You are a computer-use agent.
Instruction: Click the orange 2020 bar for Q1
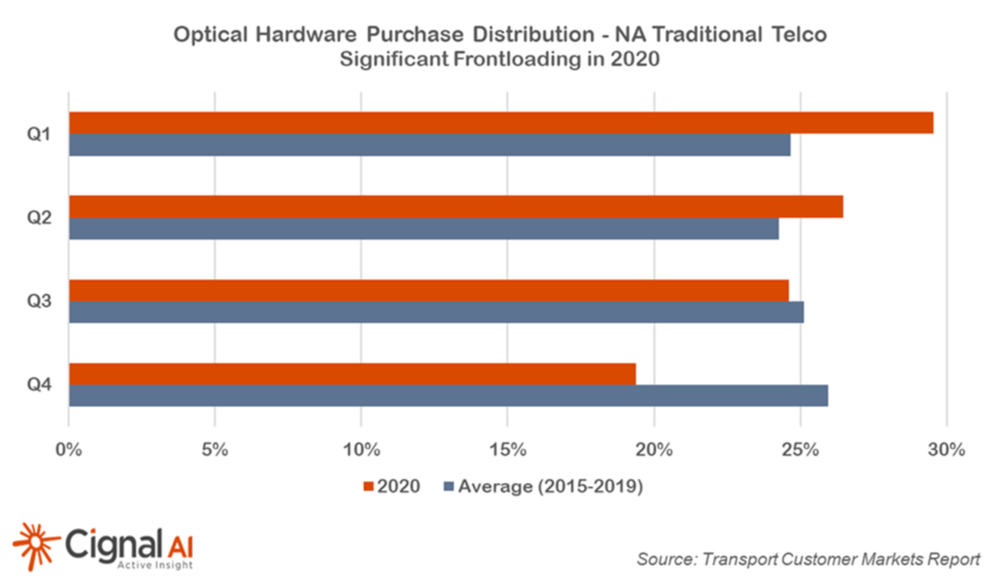point(501,123)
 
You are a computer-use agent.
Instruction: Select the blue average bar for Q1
point(430,145)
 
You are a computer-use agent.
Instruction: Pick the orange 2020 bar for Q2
point(456,207)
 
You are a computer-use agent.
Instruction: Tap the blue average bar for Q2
point(423,228)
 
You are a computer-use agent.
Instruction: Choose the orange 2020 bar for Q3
point(429,291)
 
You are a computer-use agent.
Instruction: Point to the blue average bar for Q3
point(436,312)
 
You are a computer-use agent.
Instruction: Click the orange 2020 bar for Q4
point(352,374)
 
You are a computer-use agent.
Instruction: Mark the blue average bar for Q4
point(448,396)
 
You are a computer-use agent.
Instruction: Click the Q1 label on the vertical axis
point(39,134)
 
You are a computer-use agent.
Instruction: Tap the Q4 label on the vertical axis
point(39,384)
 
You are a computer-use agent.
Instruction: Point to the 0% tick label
point(69,450)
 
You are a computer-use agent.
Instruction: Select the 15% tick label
point(507,450)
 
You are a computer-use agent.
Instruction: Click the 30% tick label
point(946,450)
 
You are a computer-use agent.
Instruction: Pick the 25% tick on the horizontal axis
point(800,450)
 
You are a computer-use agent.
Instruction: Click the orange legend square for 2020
point(368,486)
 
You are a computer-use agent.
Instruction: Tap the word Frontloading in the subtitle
point(517,59)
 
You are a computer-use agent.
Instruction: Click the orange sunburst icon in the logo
point(35,545)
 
